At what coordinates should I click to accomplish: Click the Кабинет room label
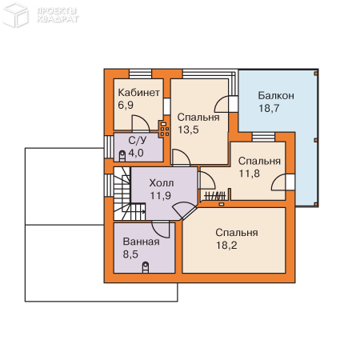(x=138, y=93)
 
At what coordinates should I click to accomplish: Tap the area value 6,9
(x=126, y=105)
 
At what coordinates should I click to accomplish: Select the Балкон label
(x=276, y=95)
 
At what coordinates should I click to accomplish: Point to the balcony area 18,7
(x=269, y=108)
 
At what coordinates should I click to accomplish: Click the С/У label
(x=138, y=140)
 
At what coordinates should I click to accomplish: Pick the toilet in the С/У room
(x=122, y=156)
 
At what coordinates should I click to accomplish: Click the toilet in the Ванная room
(x=146, y=267)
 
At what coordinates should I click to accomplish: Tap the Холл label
(x=162, y=183)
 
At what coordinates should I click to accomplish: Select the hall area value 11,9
(x=160, y=196)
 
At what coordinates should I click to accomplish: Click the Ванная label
(x=141, y=242)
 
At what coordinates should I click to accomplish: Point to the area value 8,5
(x=130, y=254)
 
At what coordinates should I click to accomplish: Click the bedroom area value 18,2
(x=226, y=246)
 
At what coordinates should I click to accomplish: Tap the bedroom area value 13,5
(x=188, y=130)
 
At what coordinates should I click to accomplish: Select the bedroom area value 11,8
(x=249, y=174)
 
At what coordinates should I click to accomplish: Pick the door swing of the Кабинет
(x=141, y=123)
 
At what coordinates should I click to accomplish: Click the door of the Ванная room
(x=161, y=230)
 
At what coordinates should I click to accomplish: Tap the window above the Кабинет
(x=140, y=74)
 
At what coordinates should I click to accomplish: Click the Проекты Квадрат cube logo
(x=15, y=14)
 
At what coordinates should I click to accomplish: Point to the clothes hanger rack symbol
(x=215, y=196)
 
